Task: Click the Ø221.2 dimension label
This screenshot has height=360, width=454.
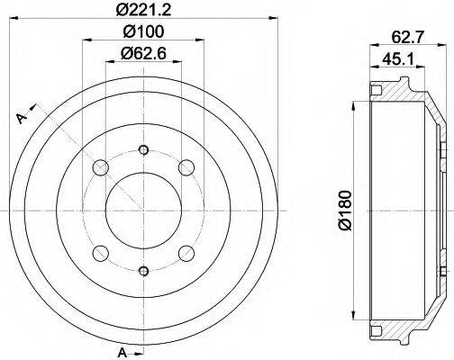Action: point(144,11)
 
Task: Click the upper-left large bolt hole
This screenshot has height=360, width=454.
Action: point(102,167)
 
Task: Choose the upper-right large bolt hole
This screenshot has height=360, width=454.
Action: point(187,167)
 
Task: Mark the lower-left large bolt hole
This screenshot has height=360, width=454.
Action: point(102,252)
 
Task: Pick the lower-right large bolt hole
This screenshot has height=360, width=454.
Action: point(187,252)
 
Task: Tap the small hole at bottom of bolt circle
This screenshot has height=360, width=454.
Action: point(144,270)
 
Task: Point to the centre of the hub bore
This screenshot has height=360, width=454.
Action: point(144,210)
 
